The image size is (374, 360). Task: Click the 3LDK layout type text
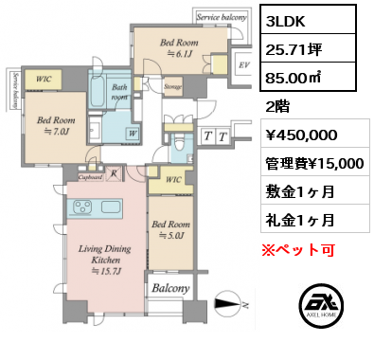(x=285, y=22)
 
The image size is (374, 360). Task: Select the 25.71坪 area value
(x=294, y=49)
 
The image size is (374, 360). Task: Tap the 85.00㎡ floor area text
(x=294, y=78)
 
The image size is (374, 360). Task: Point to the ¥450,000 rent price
(x=301, y=135)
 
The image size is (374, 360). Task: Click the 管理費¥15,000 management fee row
(x=314, y=164)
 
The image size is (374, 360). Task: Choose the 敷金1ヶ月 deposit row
(x=300, y=191)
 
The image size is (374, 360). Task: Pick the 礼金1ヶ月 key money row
(x=300, y=220)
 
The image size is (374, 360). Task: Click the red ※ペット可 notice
(x=298, y=250)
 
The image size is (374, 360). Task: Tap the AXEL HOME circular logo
(x=321, y=306)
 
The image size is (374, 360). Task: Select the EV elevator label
(x=244, y=65)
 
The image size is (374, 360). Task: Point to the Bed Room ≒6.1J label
(x=179, y=48)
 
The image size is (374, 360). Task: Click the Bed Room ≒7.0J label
(x=56, y=126)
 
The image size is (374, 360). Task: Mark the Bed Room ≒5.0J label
(x=170, y=229)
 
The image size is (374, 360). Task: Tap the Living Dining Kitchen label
(x=105, y=260)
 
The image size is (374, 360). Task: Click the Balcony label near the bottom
(x=170, y=288)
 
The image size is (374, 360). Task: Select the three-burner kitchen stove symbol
(x=82, y=207)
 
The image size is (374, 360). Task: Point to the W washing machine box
(x=133, y=134)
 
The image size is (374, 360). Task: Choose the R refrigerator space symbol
(x=114, y=174)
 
